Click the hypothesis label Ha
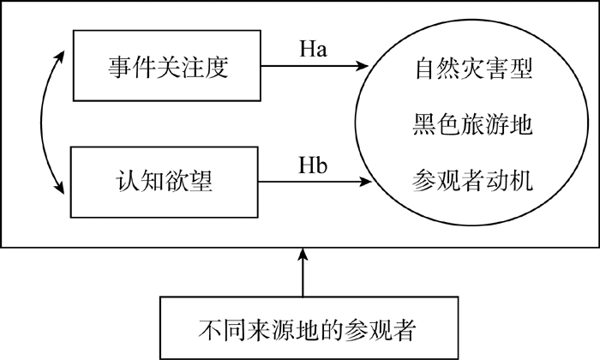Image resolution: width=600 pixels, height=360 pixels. point(313,50)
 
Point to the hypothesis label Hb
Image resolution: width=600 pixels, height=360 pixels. point(313,165)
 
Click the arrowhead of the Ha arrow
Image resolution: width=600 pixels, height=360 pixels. point(362,66)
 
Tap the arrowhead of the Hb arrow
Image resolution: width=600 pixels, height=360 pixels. point(365,182)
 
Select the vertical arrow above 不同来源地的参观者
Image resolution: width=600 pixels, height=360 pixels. point(303,272)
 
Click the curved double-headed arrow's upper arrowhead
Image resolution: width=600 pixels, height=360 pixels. point(60,56)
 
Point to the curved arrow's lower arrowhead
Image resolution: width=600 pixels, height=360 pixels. point(59,189)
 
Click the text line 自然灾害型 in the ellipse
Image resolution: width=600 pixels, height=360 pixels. point(473,69)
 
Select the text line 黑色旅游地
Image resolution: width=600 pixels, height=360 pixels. point(472,124)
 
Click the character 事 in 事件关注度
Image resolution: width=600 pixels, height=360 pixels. point(119,68)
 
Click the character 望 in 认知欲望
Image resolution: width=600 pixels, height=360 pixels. point(201,180)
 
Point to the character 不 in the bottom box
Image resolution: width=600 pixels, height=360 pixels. point(210,330)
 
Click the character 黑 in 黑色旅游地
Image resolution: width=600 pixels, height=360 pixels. point(424,124)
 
